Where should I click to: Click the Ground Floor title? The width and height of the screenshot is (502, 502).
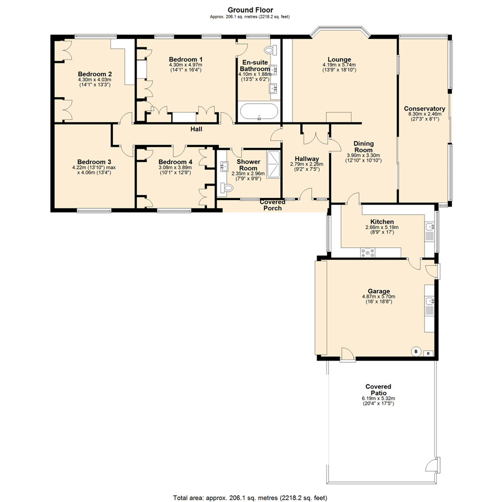(x=250, y=9)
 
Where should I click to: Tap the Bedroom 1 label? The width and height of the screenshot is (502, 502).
(x=185, y=59)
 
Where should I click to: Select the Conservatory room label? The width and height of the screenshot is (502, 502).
(x=424, y=109)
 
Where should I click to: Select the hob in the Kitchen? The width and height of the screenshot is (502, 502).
(x=368, y=252)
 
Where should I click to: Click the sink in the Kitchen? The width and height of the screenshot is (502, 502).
(x=430, y=228)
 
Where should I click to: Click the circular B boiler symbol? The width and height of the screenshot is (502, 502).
(x=416, y=351)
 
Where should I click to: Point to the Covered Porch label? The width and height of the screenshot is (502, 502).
(x=272, y=205)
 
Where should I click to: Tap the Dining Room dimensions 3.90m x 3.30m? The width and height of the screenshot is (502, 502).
(x=363, y=156)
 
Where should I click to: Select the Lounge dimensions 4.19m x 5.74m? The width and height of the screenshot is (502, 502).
(x=339, y=65)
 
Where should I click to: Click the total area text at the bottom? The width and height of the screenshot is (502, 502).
(x=250, y=497)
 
